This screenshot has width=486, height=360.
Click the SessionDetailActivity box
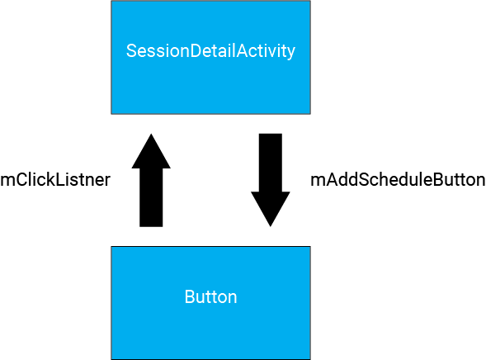pos(210,57)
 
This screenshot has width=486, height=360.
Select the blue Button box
pos(210,303)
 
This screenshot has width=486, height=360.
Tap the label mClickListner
pos(55,180)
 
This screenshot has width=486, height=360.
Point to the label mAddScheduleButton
pos(398,180)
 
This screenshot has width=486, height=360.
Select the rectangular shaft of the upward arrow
pos(151,197)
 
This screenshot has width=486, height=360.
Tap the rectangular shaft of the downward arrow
pos(271,163)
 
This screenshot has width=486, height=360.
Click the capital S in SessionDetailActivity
pos(132,50)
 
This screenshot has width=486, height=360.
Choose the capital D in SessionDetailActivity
pos(196,50)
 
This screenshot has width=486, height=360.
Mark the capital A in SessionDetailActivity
pos(243,50)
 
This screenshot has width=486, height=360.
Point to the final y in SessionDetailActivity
pos(291,54)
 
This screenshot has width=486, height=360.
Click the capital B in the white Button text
pos(191,296)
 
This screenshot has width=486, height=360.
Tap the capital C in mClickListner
pos(20,180)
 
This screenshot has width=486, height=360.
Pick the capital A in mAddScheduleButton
pos(332,180)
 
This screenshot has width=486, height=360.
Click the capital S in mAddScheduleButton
pos(365,180)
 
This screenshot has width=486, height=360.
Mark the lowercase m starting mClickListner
pos(7,182)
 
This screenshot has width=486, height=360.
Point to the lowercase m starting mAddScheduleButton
pos(317,182)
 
